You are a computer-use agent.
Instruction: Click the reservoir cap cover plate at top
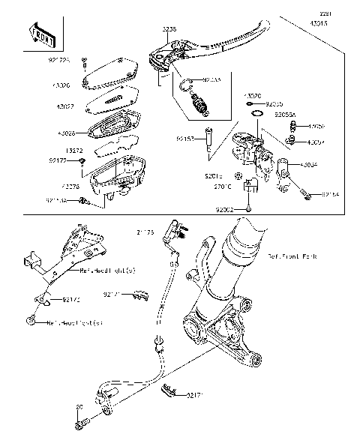coord(111,73)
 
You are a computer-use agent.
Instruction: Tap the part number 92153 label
coord(185,139)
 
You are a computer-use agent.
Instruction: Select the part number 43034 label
coord(308,164)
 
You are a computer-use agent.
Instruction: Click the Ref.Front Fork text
coord(292,256)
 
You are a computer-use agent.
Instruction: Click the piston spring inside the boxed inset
coord(199,103)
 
